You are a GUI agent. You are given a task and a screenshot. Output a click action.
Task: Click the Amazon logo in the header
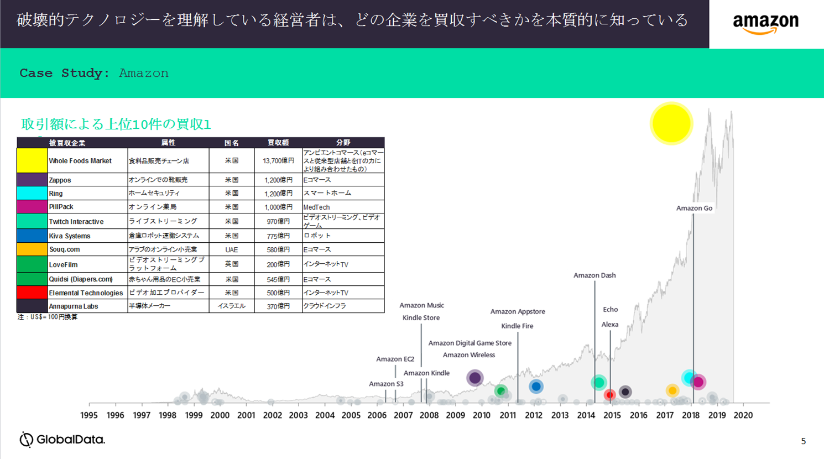point(765,24)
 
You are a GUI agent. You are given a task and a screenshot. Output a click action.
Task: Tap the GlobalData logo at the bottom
point(62,440)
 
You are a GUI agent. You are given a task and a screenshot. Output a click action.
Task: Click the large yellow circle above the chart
point(671,123)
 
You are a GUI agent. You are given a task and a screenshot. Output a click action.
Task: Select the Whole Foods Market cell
point(80,161)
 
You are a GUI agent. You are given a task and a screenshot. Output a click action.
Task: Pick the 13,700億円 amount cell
point(278,161)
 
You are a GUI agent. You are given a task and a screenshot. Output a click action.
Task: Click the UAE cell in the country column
point(231,249)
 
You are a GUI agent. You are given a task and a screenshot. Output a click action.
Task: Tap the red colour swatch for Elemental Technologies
point(32,293)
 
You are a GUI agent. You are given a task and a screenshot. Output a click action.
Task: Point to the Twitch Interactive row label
point(76,222)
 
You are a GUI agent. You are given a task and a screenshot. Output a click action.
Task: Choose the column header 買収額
point(278,143)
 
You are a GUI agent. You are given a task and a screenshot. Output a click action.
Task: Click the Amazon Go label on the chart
point(694,208)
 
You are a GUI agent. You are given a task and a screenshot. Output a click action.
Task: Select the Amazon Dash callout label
point(594,275)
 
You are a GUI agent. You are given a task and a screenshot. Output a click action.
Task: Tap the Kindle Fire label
point(517,326)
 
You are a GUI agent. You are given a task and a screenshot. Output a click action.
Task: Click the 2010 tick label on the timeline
point(481,415)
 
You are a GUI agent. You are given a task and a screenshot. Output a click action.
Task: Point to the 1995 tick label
point(89,415)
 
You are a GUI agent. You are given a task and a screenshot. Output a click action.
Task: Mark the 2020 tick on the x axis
point(743,415)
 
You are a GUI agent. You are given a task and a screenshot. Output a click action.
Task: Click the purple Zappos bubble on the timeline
point(474,378)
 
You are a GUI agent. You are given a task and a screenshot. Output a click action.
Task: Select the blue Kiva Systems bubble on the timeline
point(535,387)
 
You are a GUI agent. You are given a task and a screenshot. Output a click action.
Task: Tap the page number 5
point(803,441)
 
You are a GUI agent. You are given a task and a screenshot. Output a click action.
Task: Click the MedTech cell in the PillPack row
point(316,207)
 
